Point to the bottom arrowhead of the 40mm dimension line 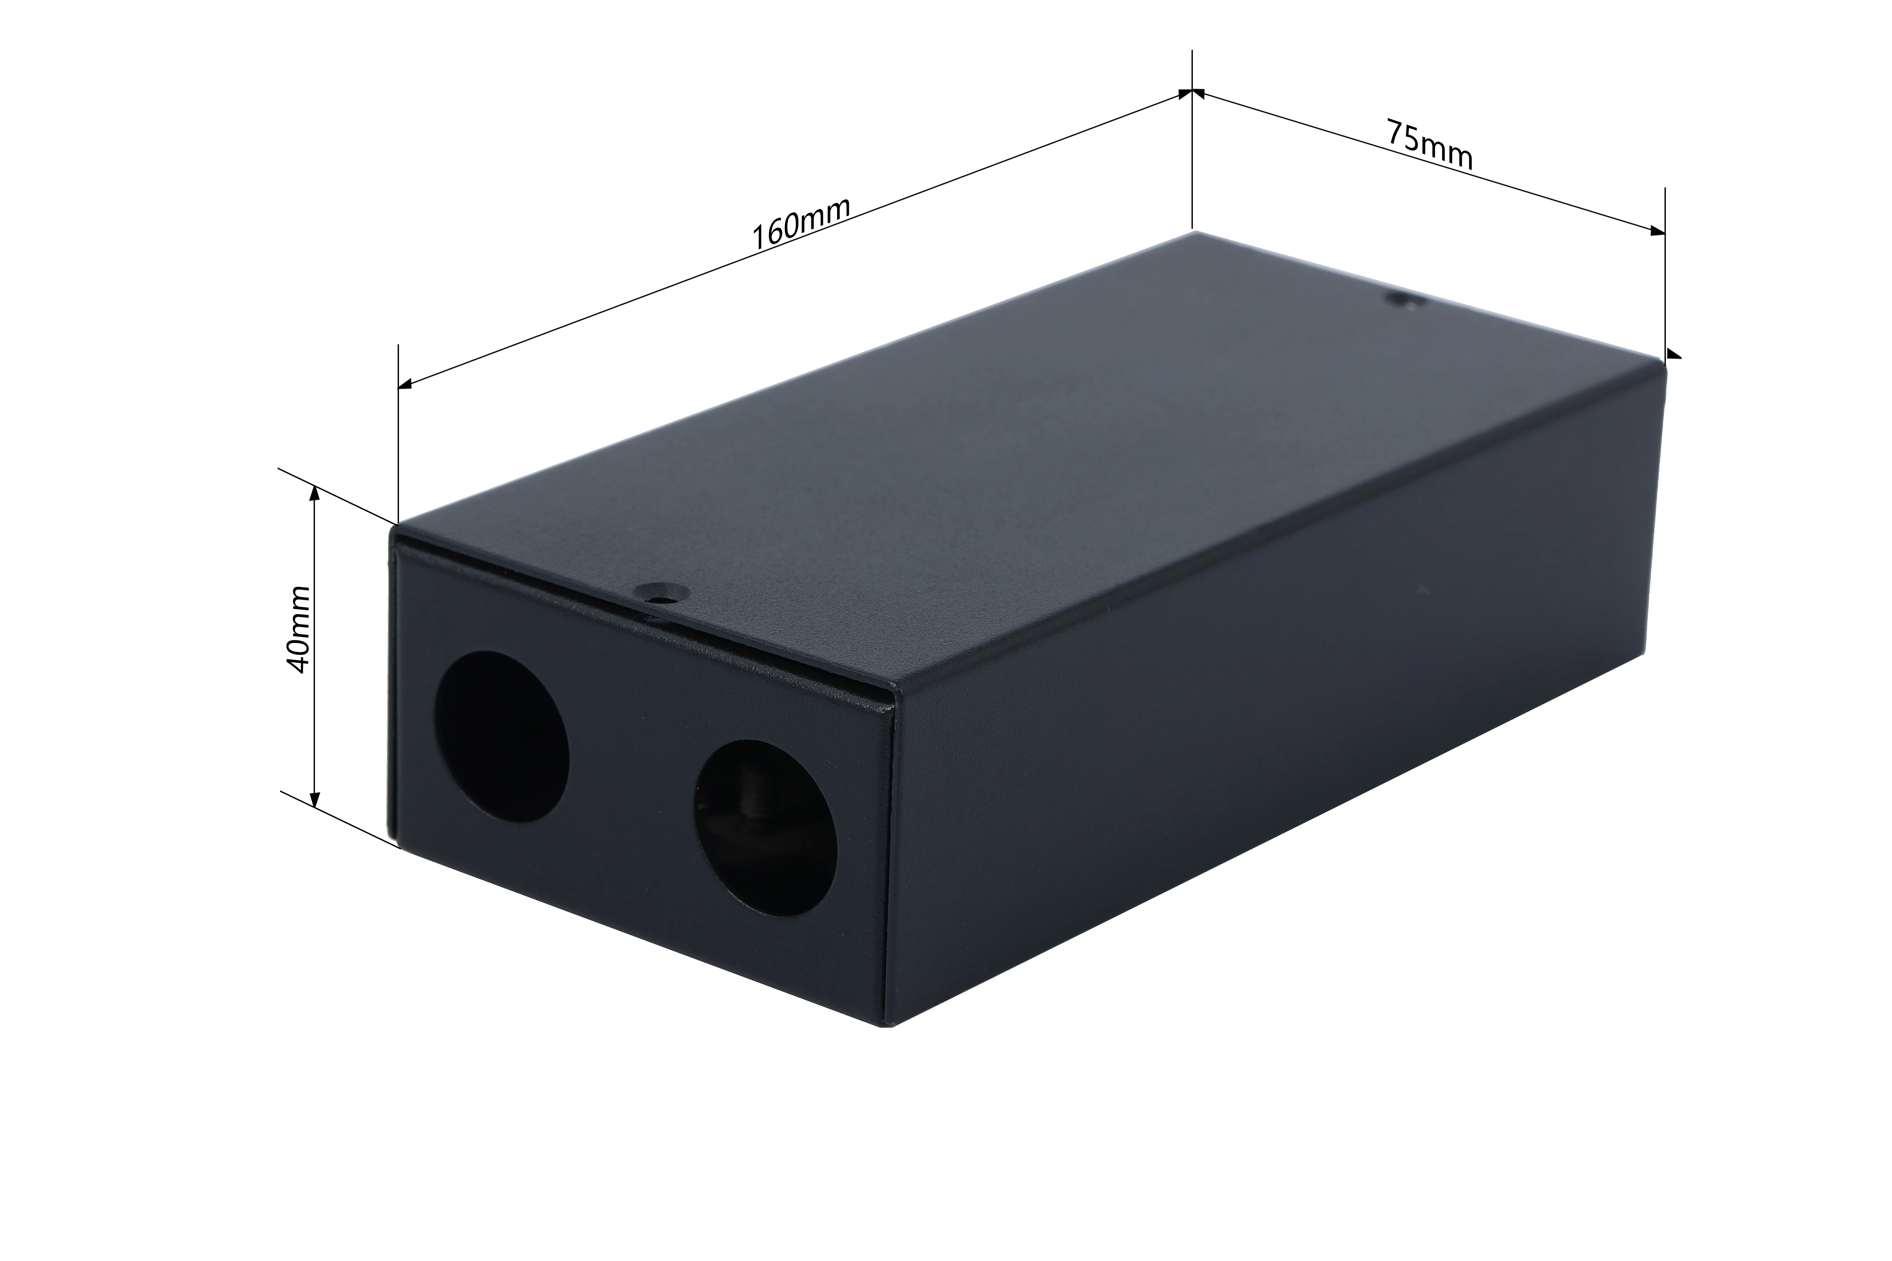(x=315, y=798)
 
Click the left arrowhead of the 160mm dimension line (x=406, y=384)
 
